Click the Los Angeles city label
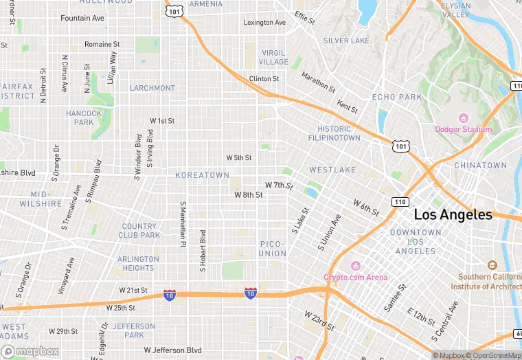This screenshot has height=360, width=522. pyautogui.click(x=453, y=215)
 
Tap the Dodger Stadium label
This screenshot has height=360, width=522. pyautogui.click(x=464, y=129)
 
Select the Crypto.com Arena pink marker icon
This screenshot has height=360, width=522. pyautogui.click(x=356, y=267)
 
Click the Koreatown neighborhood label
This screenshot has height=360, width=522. pyautogui.click(x=202, y=175)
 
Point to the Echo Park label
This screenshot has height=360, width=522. pyautogui.click(x=397, y=97)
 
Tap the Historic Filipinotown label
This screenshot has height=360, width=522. pyautogui.click(x=339, y=133)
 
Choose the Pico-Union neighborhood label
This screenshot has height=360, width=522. pyautogui.click(x=273, y=249)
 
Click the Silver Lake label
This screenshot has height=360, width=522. pyautogui.click(x=346, y=41)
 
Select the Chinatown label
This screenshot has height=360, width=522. pyautogui.click(x=480, y=166)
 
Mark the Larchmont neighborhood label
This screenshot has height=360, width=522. pyautogui.click(x=152, y=88)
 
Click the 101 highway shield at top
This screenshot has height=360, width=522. pyautogui.click(x=174, y=12)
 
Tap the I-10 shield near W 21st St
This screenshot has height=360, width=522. pyautogui.click(x=170, y=294)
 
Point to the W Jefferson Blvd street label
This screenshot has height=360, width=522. pyautogui.click(x=172, y=350)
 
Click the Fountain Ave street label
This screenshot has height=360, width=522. pyautogui.click(x=82, y=18)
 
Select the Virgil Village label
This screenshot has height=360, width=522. pyautogui.click(x=273, y=57)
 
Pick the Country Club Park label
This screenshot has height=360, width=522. pyautogui.click(x=139, y=230)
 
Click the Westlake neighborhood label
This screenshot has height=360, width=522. pyautogui.click(x=332, y=170)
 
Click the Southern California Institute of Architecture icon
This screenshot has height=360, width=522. pyautogui.click(x=492, y=265)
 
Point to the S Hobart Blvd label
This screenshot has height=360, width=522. pyautogui.click(x=203, y=247)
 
